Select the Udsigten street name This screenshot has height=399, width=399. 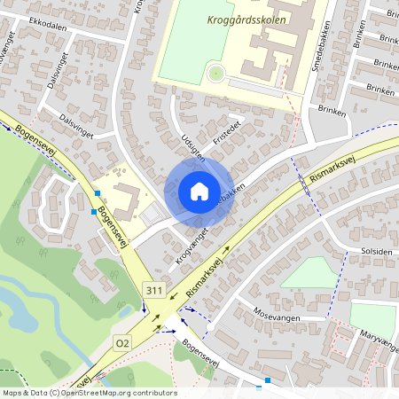point(194,141)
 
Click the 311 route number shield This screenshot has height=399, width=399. point(154,290)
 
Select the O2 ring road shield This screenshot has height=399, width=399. point(122,342)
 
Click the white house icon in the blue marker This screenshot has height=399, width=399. point(199,192)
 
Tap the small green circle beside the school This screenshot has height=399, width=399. point(215,72)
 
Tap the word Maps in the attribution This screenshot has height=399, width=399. point(13,392)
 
